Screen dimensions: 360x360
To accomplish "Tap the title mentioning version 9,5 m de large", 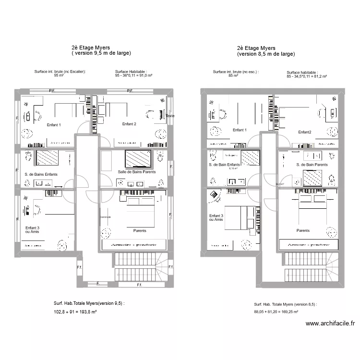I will (x=101, y=53).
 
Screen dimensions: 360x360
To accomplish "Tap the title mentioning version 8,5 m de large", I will (x=266, y=54).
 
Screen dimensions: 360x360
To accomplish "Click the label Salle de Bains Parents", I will (x=137, y=172).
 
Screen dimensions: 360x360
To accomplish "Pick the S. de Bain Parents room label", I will (x=312, y=165).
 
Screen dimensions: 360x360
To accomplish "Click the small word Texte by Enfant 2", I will (x=170, y=116).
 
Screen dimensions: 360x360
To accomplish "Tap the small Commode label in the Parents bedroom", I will (x=105, y=217).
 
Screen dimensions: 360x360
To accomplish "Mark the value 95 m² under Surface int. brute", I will (x=59, y=75).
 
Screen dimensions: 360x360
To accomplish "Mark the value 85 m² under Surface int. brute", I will (x=233, y=75).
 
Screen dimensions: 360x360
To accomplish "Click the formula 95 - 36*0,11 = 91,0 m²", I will (x=133, y=75).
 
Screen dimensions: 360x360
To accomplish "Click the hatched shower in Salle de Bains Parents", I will (x=138, y=158).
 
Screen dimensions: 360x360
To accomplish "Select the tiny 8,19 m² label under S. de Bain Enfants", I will (x=234, y=169).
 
